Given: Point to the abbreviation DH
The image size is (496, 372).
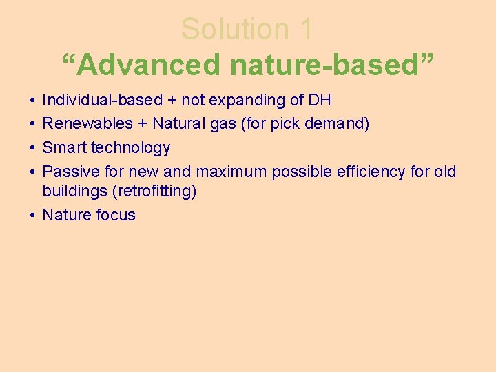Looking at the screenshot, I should point(320,101).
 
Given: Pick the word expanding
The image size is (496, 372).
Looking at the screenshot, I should point(247,101).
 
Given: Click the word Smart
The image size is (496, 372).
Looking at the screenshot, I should point(64,147).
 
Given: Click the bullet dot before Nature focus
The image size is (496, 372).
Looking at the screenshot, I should point(33,215).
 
